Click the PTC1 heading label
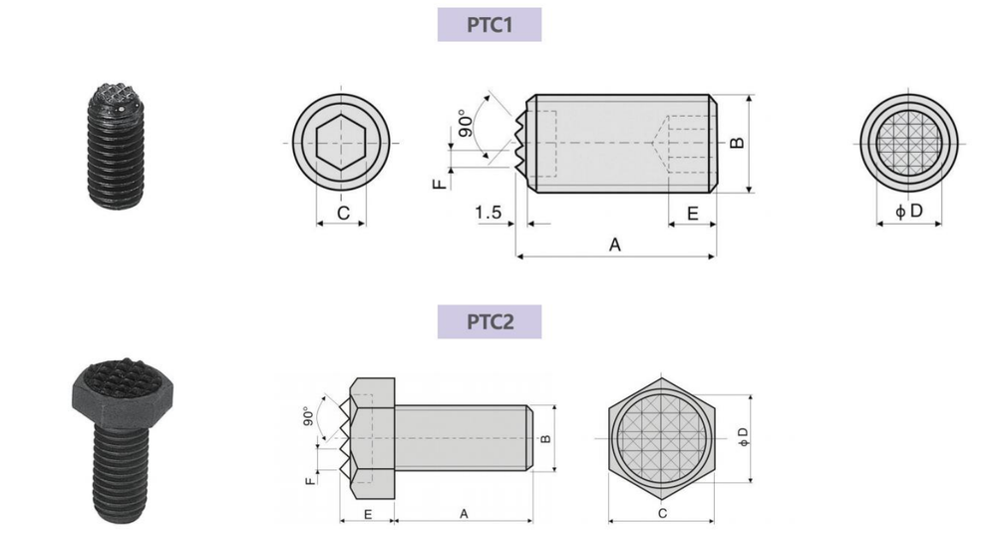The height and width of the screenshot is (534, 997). (489, 25)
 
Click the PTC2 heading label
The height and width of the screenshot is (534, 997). (489, 321)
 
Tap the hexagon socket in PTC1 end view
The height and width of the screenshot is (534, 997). (341, 143)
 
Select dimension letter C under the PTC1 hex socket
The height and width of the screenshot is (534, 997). (343, 214)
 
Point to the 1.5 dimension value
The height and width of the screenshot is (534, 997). (489, 212)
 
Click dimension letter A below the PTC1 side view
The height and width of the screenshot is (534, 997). (615, 245)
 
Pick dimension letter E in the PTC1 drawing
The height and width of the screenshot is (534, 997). (693, 214)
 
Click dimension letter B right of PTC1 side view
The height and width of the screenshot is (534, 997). (737, 143)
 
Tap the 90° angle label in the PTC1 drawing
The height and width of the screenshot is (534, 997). (466, 123)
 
